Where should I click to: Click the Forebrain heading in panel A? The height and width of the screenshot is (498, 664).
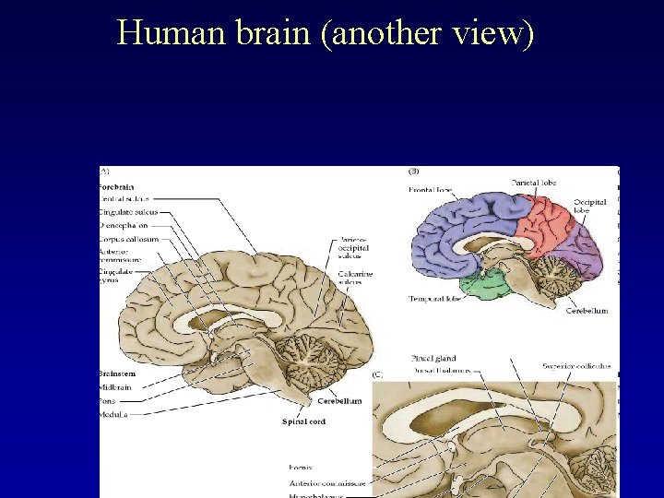[116, 186]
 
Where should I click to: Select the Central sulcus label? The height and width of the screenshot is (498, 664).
[125, 198]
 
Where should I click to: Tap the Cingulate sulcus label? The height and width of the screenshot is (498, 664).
[128, 212]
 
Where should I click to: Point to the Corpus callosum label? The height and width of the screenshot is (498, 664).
[128, 239]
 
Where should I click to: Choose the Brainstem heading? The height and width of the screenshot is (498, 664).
[116, 373]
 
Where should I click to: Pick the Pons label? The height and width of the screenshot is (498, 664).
[108, 401]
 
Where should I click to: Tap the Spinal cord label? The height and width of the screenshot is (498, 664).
[303, 421]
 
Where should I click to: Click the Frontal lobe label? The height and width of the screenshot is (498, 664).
[432, 190]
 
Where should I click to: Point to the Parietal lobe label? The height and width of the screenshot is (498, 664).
[532, 184]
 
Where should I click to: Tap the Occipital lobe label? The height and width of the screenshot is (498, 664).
[590, 206]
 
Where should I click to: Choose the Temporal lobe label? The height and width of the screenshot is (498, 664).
[434, 299]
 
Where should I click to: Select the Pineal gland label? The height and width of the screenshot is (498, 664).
[433, 358]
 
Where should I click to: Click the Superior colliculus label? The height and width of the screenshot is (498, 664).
[575, 366]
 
